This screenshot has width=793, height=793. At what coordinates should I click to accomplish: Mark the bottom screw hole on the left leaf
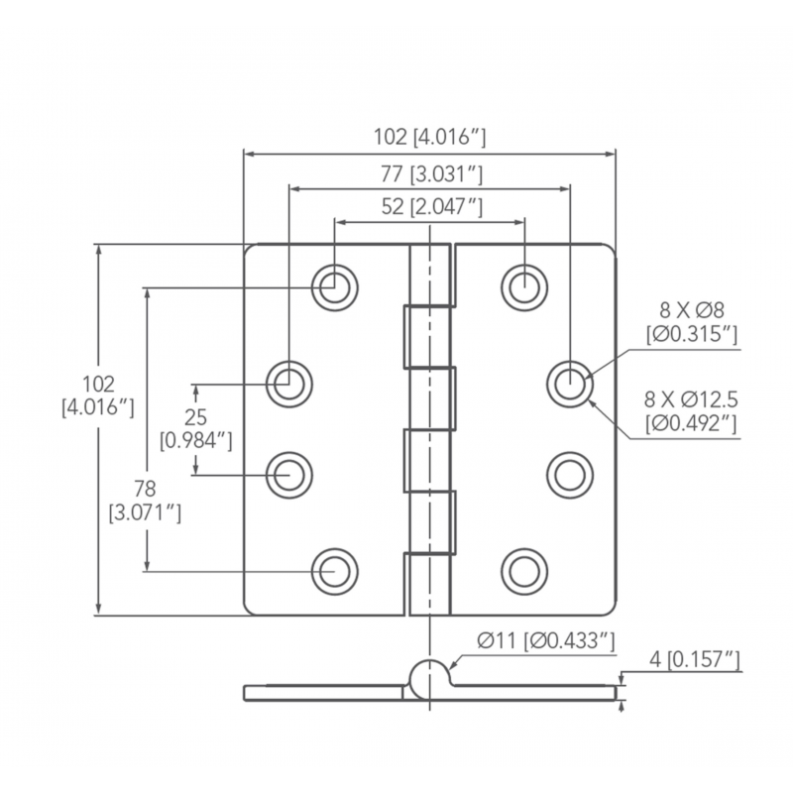[334, 570]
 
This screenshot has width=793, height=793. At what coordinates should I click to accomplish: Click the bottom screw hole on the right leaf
[522, 570]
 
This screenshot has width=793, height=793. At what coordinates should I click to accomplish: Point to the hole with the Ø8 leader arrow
[569, 381]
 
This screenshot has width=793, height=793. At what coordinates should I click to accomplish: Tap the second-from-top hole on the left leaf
[289, 381]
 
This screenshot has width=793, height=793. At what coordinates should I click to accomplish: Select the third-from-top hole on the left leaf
[289, 474]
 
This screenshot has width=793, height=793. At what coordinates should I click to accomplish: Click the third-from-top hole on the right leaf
[569, 474]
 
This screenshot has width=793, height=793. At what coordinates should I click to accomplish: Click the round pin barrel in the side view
[429, 676]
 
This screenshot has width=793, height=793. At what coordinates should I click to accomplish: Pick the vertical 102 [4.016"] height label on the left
[98, 395]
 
